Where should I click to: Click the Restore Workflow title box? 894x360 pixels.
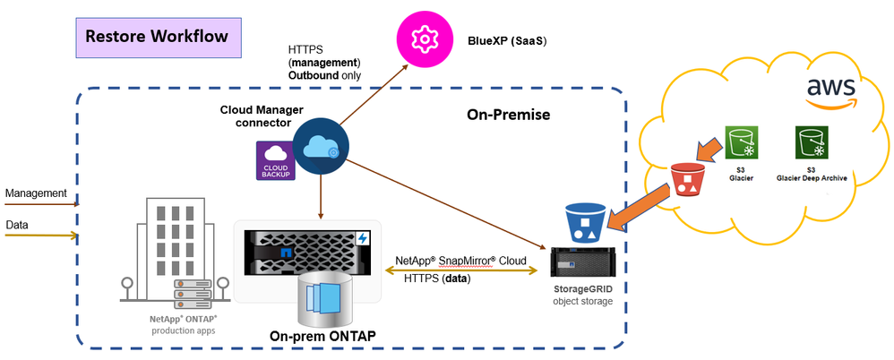(x=157, y=37)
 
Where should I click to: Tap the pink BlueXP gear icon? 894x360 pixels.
(x=423, y=39)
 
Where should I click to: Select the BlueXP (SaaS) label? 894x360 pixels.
(x=507, y=40)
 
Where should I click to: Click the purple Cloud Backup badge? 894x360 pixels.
(x=275, y=160)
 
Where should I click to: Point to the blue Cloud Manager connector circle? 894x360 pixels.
(x=320, y=149)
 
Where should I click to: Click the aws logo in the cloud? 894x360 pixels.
(x=830, y=90)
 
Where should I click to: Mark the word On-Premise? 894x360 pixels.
(x=508, y=115)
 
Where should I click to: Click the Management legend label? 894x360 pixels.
(x=36, y=193)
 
